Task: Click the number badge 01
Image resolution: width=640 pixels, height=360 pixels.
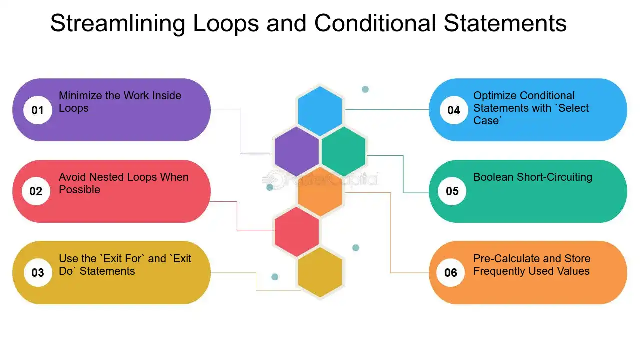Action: coord(37,110)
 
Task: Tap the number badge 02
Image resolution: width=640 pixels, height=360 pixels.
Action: coord(36,191)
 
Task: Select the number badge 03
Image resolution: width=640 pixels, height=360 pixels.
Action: coord(38,272)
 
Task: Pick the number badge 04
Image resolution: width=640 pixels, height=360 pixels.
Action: coord(454,110)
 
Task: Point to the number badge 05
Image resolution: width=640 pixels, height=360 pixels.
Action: coord(452,191)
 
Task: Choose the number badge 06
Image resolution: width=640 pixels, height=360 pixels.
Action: coord(451,272)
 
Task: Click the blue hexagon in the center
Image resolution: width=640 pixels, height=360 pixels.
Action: coord(320,111)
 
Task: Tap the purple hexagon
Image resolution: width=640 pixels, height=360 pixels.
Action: coord(297,151)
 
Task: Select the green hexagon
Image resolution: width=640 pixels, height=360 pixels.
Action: coord(343,151)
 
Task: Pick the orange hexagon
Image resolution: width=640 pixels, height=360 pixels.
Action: coord(320,191)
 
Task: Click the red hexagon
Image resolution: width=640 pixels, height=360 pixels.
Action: coord(297,231)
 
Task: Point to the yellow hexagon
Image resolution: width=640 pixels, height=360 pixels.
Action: coord(320,272)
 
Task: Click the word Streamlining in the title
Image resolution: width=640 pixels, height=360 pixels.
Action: coord(118,23)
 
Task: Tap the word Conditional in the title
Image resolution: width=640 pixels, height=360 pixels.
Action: coord(375,23)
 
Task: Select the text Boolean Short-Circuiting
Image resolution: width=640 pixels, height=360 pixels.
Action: coord(533,177)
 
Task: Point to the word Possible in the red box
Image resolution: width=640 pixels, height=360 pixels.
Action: coord(79,189)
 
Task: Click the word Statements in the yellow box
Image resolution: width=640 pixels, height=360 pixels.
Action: coord(107,271)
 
